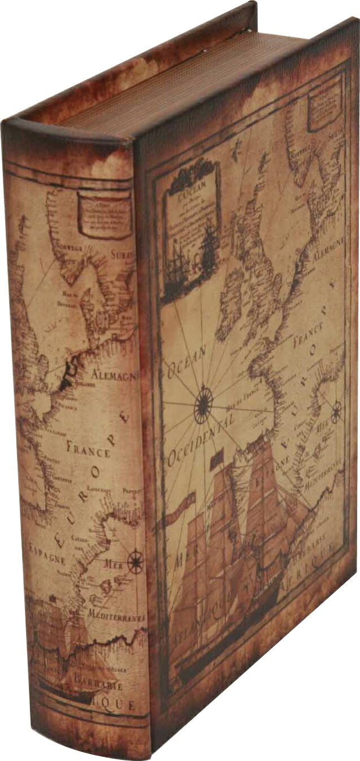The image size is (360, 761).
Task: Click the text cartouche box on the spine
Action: point(104,214)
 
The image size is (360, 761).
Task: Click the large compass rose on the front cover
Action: point(203,404)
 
